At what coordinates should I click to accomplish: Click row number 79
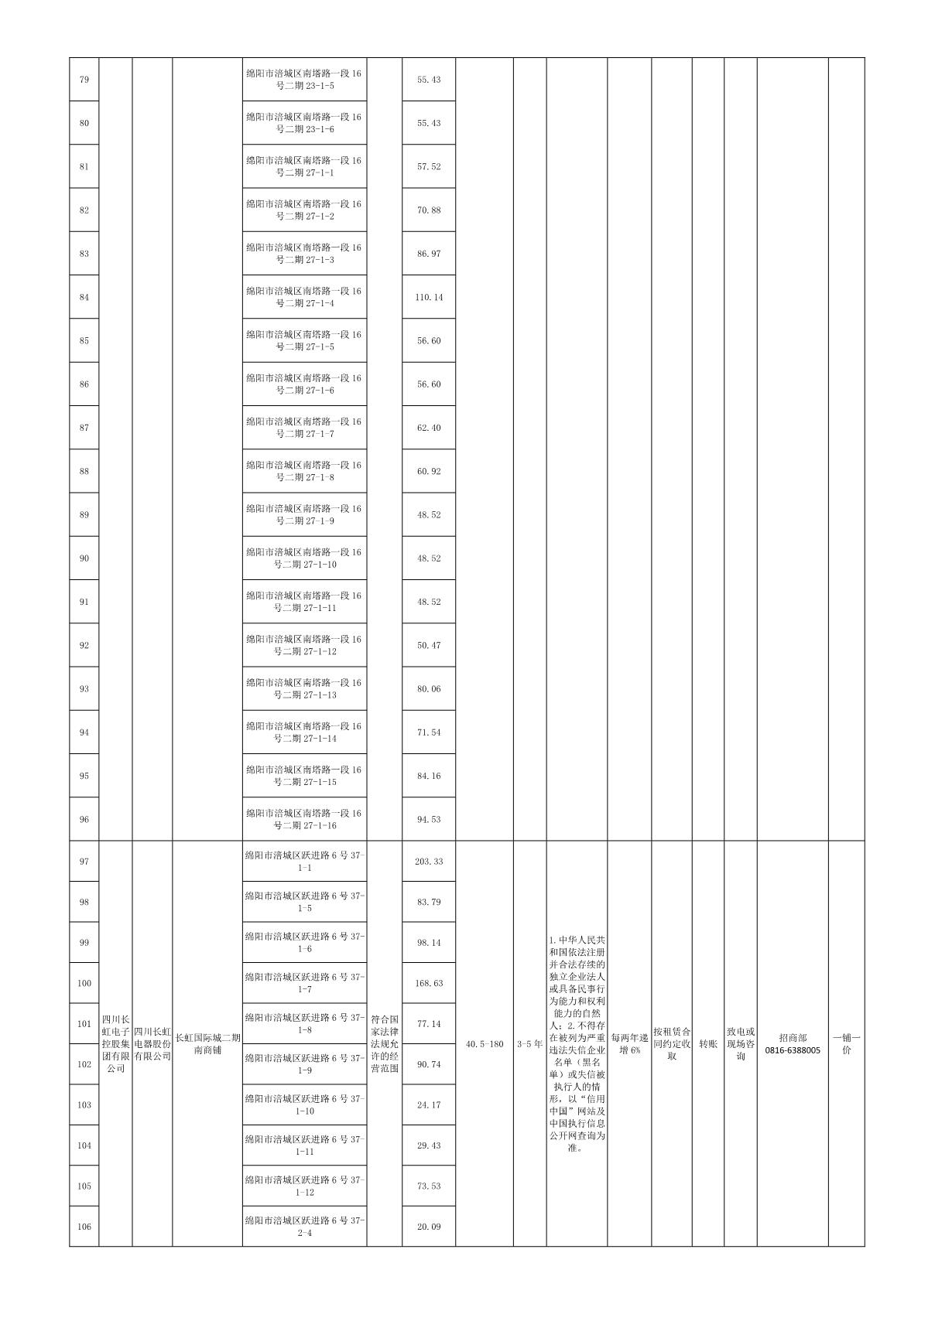(x=84, y=80)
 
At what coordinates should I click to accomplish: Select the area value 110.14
(x=428, y=297)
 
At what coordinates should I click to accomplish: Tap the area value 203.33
(x=428, y=862)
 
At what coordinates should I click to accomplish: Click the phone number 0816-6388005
(x=792, y=1050)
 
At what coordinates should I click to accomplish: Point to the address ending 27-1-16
(x=304, y=819)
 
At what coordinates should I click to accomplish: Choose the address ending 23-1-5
(x=304, y=80)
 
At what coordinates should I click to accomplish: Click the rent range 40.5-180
(x=485, y=1044)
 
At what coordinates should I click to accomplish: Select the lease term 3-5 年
(x=529, y=1044)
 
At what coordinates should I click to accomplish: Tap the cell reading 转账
(x=707, y=1044)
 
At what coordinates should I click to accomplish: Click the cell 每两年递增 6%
(x=629, y=1044)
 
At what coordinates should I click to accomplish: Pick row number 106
(x=84, y=1227)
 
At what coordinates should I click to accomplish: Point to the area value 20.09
(x=428, y=1227)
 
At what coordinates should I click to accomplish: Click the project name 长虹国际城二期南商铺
(x=207, y=1044)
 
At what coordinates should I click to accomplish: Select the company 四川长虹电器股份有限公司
(x=152, y=1044)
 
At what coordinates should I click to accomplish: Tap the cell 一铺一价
(x=846, y=1044)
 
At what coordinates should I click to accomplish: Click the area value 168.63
(x=428, y=983)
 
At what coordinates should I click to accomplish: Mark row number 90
(x=84, y=558)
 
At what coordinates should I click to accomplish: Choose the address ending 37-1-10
(x=304, y=1105)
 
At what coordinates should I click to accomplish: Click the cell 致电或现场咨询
(x=740, y=1044)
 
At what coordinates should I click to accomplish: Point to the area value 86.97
(x=428, y=254)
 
